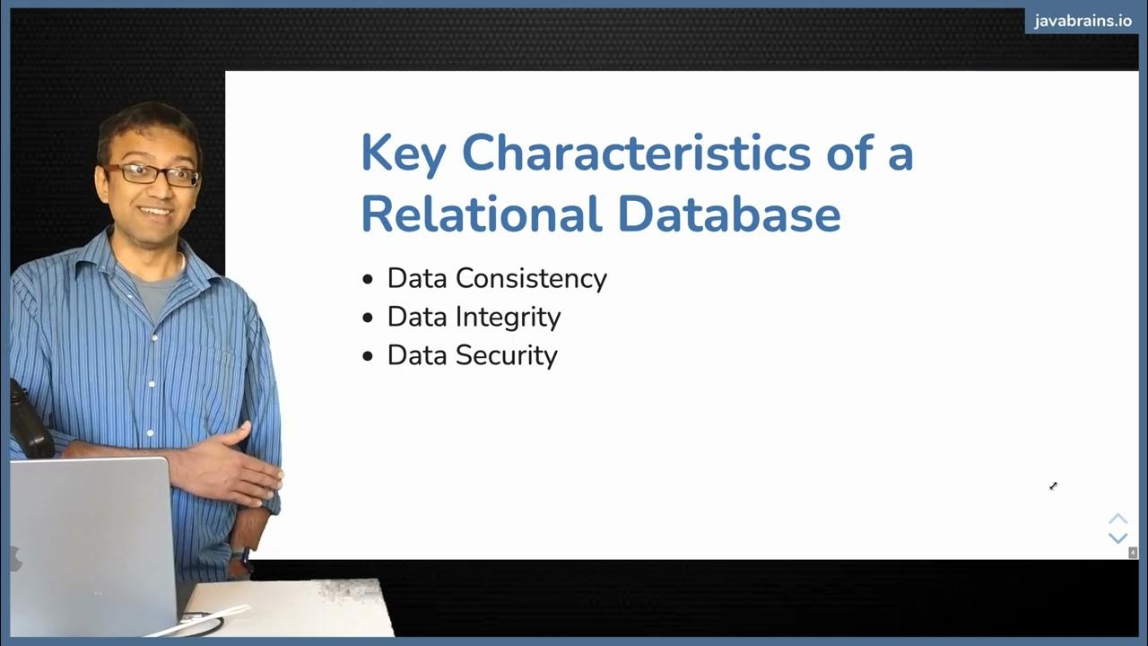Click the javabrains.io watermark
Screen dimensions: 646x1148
click(x=1083, y=22)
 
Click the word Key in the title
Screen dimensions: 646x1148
click(x=403, y=153)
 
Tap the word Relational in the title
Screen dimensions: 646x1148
click(x=481, y=214)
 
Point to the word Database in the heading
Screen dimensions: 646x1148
click(x=729, y=214)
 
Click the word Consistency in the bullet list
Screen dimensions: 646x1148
click(x=531, y=278)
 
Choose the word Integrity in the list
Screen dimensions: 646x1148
click(x=509, y=317)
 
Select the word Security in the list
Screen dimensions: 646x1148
click(x=507, y=355)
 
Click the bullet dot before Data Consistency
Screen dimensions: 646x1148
click(x=368, y=280)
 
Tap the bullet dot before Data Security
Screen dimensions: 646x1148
click(x=368, y=357)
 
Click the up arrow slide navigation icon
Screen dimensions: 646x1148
click(x=1118, y=519)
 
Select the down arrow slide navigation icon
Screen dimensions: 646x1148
click(x=1118, y=538)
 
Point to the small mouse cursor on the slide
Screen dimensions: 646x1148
click(x=1053, y=486)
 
